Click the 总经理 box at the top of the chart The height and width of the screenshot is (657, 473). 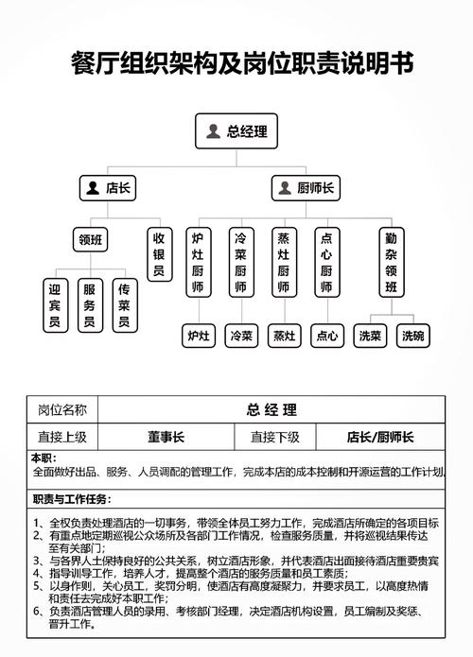(236, 131)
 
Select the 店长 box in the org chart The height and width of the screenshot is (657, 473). (108, 188)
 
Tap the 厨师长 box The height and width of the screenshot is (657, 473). (305, 188)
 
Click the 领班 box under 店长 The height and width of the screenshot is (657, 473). (92, 240)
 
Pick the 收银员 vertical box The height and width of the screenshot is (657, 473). (159, 255)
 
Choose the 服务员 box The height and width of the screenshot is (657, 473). (89, 305)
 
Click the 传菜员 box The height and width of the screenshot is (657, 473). (123, 305)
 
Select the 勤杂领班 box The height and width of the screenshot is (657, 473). (392, 263)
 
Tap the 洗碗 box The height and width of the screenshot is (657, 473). (413, 335)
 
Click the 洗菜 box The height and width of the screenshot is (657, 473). (370, 335)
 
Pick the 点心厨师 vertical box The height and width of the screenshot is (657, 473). (326, 263)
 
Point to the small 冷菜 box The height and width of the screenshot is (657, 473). (240, 335)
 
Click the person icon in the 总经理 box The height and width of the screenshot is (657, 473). (214, 131)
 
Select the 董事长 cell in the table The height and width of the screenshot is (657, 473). (166, 437)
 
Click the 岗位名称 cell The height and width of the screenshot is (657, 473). (62, 409)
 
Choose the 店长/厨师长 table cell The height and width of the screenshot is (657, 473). (380, 437)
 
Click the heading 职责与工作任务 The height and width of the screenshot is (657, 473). (72, 499)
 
